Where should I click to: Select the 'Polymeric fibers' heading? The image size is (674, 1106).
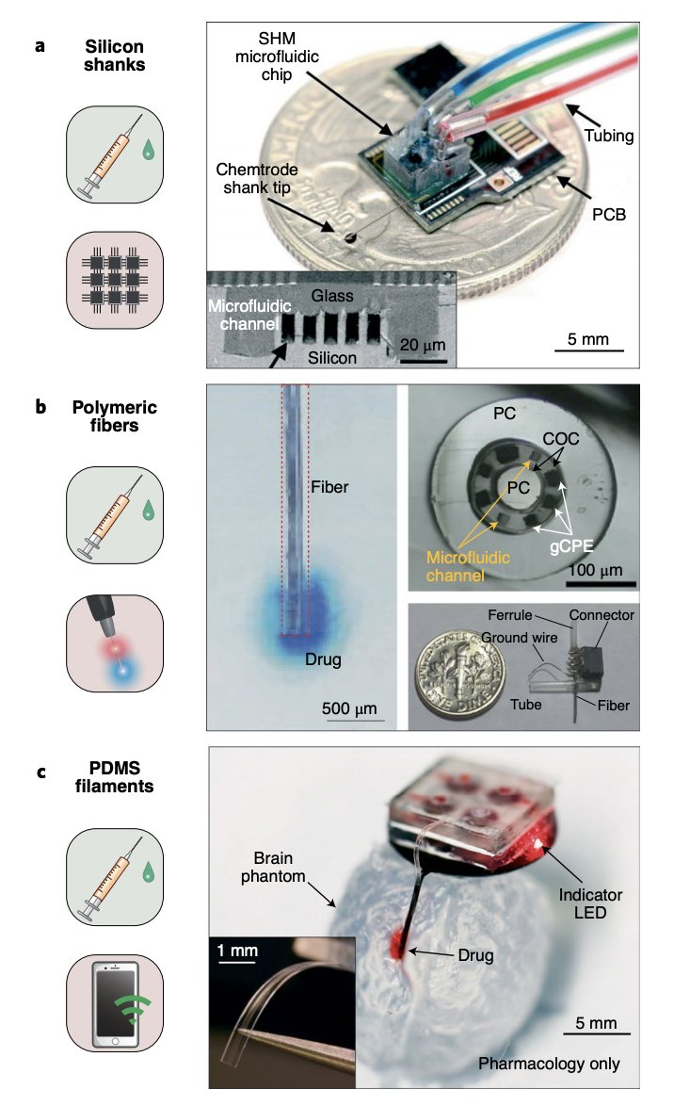[115, 418]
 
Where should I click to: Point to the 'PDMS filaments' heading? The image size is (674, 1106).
[115, 782]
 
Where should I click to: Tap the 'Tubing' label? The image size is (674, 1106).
[607, 136]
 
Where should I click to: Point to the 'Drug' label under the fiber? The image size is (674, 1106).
[322, 659]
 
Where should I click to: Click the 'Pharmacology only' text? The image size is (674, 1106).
[549, 1065]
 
